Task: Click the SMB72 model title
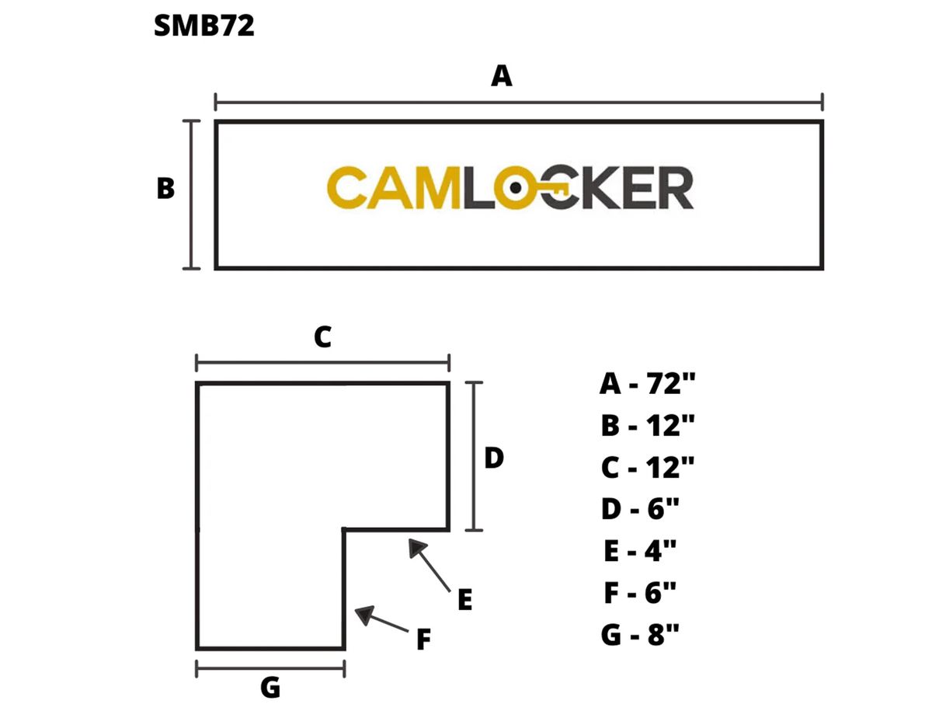[204, 26]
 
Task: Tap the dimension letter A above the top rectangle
[503, 76]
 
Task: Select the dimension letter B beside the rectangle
[165, 189]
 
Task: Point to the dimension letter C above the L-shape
[322, 337]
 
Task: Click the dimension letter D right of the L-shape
[494, 458]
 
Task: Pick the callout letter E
[464, 600]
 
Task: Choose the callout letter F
[423, 640]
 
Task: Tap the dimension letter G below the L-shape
[270, 687]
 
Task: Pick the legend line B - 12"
[647, 425]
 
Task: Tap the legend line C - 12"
[647, 467]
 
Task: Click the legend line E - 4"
[640, 551]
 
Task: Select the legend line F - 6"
[640, 593]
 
